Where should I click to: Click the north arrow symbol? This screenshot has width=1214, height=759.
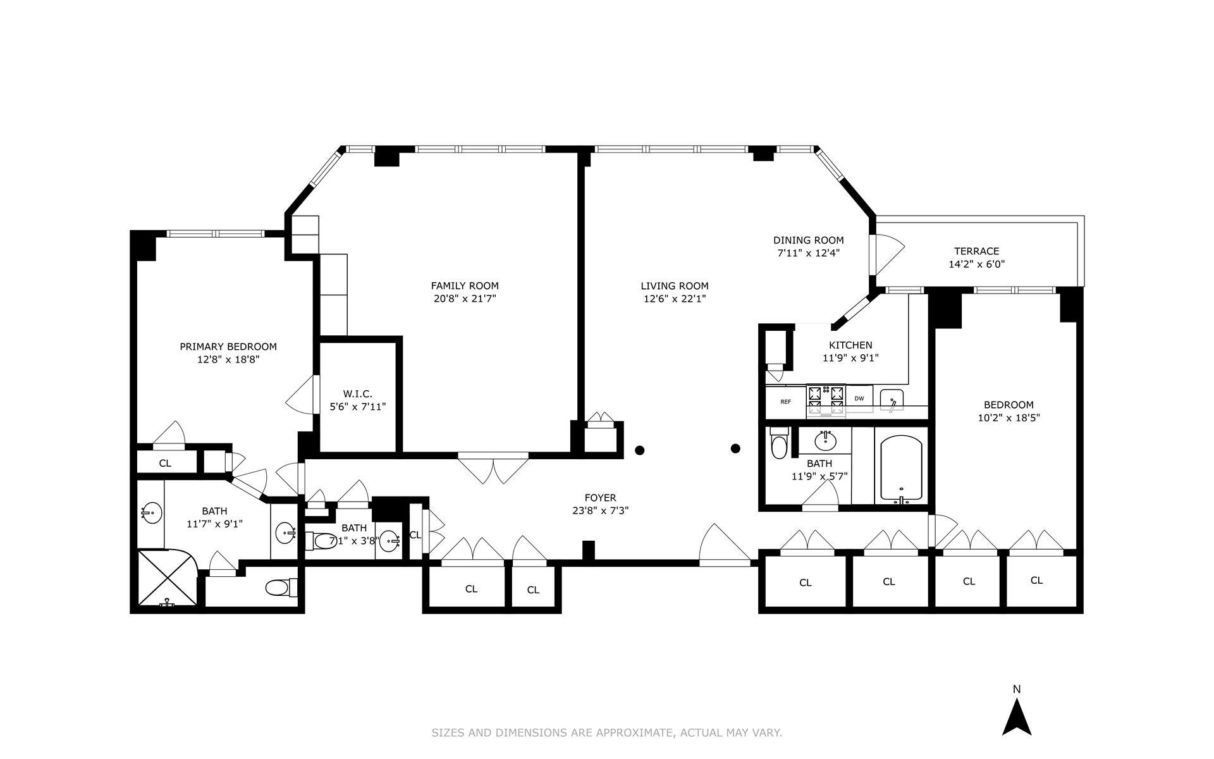click(1017, 717)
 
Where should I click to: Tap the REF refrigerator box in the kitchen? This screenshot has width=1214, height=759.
click(785, 402)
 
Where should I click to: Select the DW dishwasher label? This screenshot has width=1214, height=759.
click(859, 398)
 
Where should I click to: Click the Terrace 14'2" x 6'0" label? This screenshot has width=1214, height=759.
click(976, 258)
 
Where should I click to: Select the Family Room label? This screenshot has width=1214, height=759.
click(464, 286)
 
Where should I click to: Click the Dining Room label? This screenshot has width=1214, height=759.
click(808, 240)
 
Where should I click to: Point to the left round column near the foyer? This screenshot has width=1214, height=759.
click(640, 450)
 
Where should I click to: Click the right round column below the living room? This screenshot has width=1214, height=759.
click(735, 448)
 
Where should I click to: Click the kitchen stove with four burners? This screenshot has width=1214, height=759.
click(826, 400)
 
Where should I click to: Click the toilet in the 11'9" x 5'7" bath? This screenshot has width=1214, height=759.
click(779, 445)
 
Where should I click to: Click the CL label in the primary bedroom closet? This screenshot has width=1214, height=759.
click(165, 463)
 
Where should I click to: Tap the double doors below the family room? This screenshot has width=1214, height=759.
click(493, 468)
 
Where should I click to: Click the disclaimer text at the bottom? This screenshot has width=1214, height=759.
click(606, 732)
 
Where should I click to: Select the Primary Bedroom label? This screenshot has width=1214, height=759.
click(228, 347)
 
